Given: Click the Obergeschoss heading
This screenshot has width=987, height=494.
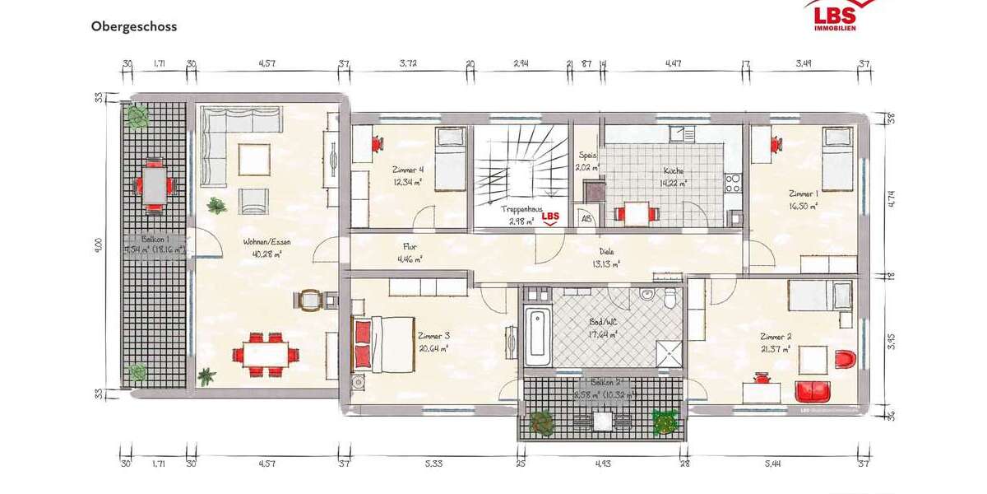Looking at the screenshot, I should pos(134,26).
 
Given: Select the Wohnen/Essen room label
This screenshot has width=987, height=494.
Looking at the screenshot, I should pos(266,242).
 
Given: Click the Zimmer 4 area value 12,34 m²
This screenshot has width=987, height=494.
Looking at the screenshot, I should pos(407,184).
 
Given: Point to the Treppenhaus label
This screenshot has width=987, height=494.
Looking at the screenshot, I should pos(521,210).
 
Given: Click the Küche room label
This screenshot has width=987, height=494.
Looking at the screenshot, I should pos(674,171).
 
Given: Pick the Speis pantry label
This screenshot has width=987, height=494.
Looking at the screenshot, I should pos(587,155).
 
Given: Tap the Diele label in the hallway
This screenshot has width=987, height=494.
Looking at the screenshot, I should pos(608,253).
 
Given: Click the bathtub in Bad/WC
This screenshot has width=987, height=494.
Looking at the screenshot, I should pos(537,335).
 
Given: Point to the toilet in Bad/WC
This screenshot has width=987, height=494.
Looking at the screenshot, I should pos(670,298).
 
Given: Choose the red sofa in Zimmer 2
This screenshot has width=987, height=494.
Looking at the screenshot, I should pos(813,391).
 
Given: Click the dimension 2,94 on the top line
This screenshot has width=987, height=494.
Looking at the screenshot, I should pos(521,63).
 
